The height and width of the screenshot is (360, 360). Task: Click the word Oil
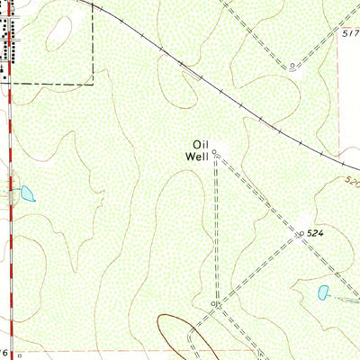[199, 143]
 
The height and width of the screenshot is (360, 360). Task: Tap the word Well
[198, 156]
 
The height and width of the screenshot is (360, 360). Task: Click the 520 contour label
[351, 182]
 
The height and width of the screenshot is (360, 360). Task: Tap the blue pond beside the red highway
[27, 193]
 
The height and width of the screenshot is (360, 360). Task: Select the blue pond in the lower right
[323, 292]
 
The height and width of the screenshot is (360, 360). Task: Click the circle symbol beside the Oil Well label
[214, 154]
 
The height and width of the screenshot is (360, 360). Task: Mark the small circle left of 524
[300, 234]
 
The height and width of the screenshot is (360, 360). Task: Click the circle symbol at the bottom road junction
[214, 306]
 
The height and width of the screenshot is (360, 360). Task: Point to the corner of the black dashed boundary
[93, 83]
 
